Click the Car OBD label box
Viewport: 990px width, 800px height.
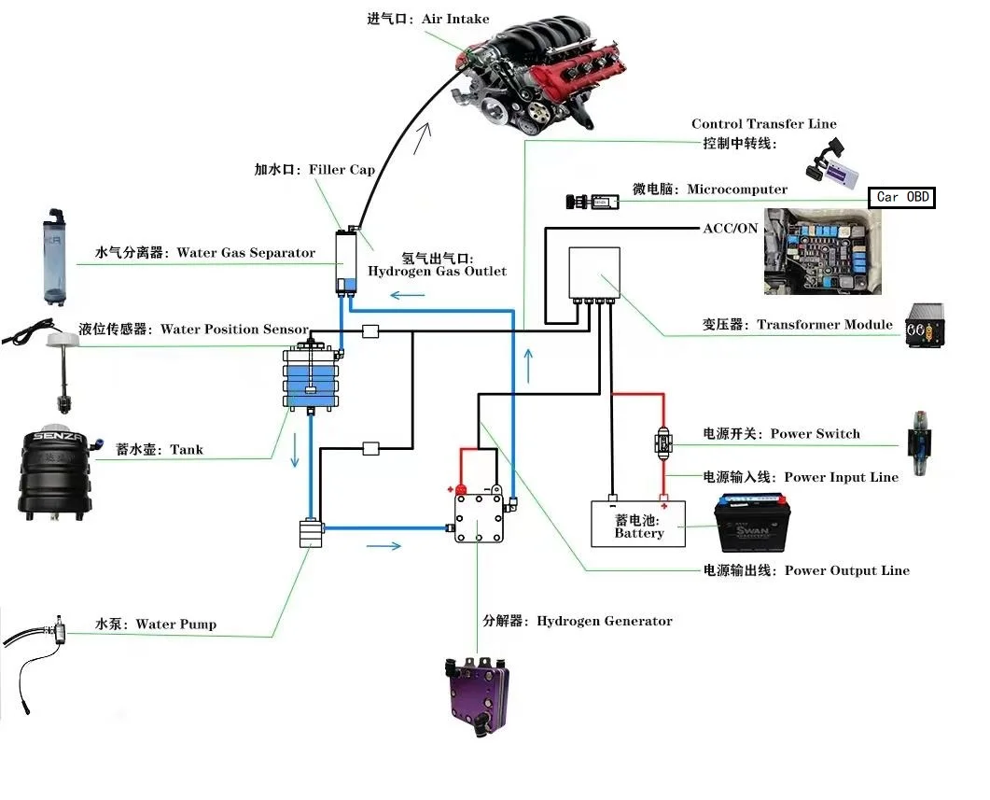coord(900,197)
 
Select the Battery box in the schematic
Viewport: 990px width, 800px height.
coord(638,525)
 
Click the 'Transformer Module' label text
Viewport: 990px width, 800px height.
coord(824,325)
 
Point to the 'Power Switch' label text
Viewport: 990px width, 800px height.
coord(815,434)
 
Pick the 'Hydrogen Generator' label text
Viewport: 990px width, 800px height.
coord(604,621)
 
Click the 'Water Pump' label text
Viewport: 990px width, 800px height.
coord(175,624)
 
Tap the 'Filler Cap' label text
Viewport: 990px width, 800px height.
coord(334,170)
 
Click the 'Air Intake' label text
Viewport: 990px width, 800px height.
coord(454,20)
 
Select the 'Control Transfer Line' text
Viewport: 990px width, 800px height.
coord(763,124)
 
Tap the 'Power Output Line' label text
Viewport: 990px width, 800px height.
coord(846,570)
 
